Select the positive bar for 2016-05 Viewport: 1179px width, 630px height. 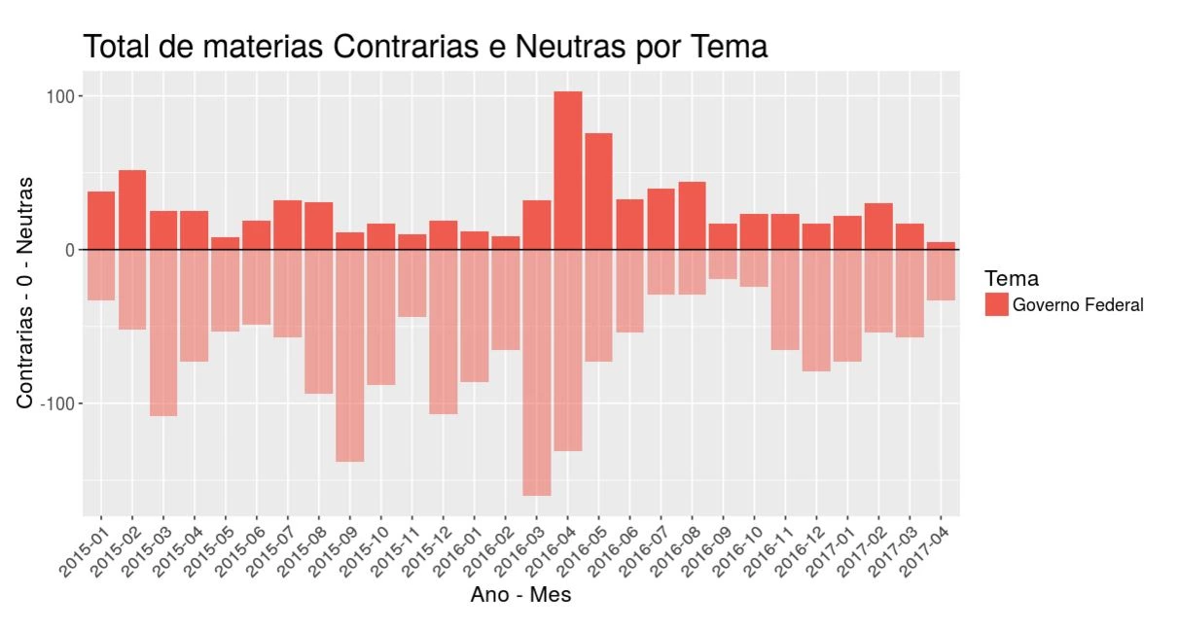599,192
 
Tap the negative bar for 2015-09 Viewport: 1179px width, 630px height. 350,356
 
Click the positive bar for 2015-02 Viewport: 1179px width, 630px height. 132,210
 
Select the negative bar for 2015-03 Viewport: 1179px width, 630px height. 163,332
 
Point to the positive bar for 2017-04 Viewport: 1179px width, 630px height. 941,246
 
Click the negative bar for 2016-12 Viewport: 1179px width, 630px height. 816,310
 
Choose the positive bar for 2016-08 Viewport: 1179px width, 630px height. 692,216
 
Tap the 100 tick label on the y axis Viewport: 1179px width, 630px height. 59,96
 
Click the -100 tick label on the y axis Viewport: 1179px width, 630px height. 56,403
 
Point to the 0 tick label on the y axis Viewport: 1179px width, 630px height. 69,250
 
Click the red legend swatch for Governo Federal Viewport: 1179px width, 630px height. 996,305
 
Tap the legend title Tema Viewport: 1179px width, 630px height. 1011,279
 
